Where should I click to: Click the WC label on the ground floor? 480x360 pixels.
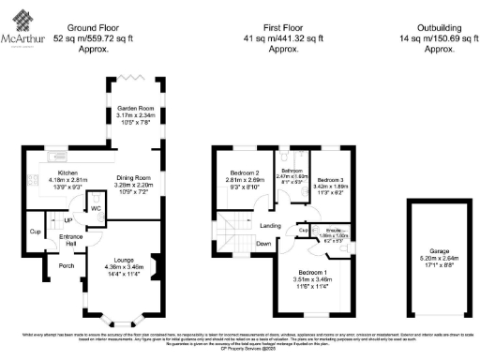click(x=97, y=208)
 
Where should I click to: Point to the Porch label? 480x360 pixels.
click(x=67, y=265)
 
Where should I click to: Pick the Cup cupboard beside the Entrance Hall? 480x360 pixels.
click(x=36, y=231)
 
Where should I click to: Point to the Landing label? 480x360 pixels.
click(x=271, y=225)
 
